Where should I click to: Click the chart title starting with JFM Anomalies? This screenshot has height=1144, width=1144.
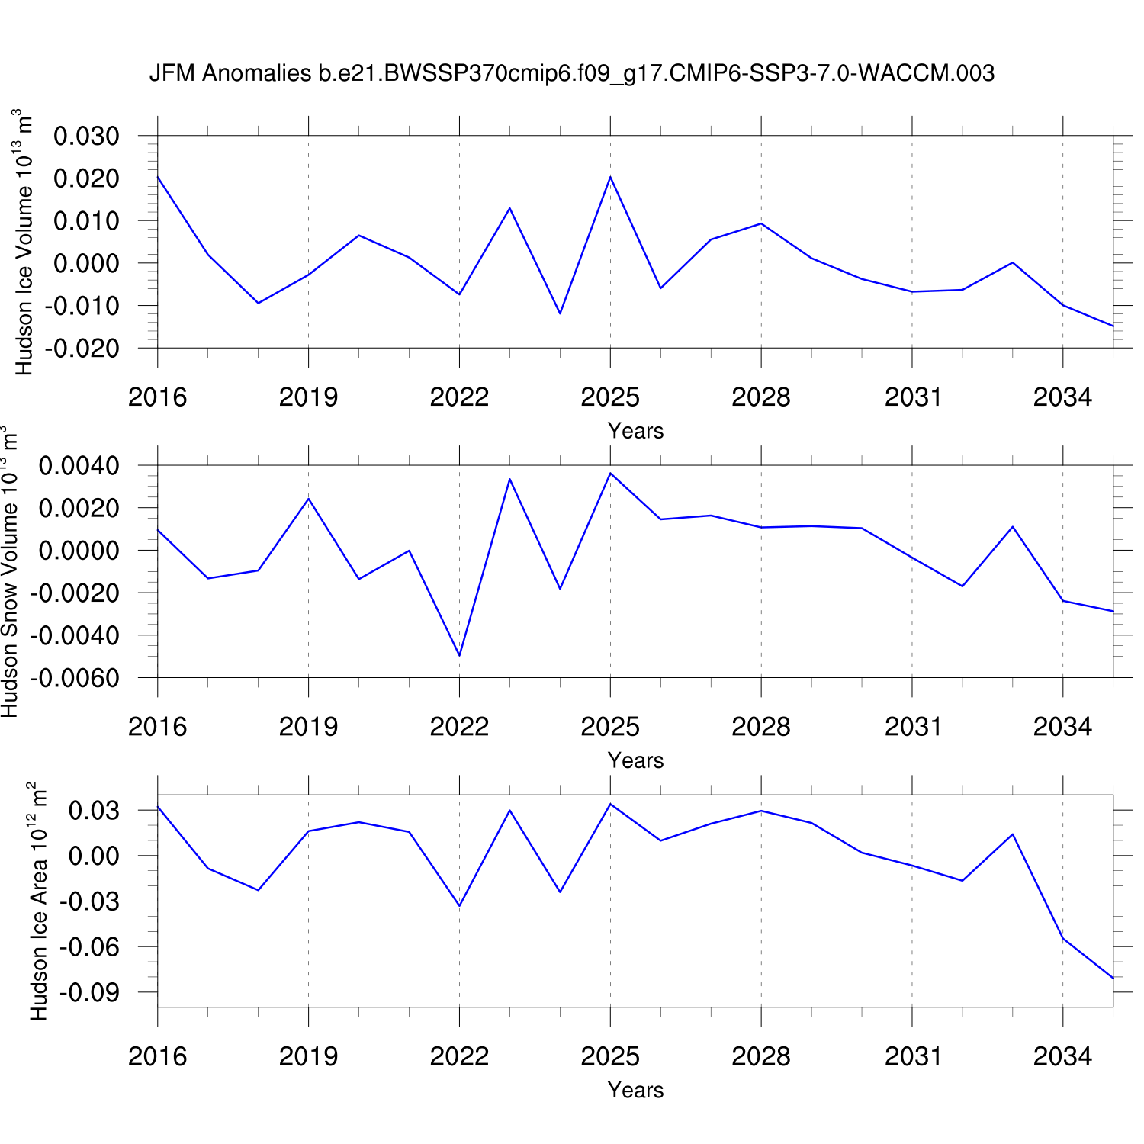click(x=572, y=73)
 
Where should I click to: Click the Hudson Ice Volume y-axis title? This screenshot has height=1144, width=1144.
click(x=24, y=242)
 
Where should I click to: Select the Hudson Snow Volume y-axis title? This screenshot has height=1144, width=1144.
click(x=10, y=571)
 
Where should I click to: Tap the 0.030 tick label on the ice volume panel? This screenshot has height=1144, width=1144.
click(x=86, y=137)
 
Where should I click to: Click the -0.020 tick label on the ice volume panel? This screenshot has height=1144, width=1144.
click(x=82, y=349)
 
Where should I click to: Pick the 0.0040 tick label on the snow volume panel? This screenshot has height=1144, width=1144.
click(x=79, y=466)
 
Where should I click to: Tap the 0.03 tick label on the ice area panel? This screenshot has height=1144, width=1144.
click(x=94, y=811)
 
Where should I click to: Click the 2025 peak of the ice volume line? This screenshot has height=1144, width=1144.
click(x=610, y=177)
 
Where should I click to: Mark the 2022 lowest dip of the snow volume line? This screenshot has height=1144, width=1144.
click(x=459, y=655)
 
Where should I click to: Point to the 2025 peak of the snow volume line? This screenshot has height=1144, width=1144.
click(x=610, y=474)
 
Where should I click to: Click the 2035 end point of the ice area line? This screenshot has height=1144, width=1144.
click(x=1113, y=978)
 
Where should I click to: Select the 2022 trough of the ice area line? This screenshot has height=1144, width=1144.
click(x=459, y=905)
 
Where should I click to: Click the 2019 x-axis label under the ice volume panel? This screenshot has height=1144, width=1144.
click(x=308, y=397)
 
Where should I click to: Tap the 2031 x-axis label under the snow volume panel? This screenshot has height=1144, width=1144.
click(x=913, y=727)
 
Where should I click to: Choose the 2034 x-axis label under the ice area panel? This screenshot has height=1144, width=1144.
click(x=1062, y=1056)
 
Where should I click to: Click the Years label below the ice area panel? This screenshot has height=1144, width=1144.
click(x=635, y=1090)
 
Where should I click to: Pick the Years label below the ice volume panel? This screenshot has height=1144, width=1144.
click(x=635, y=431)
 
